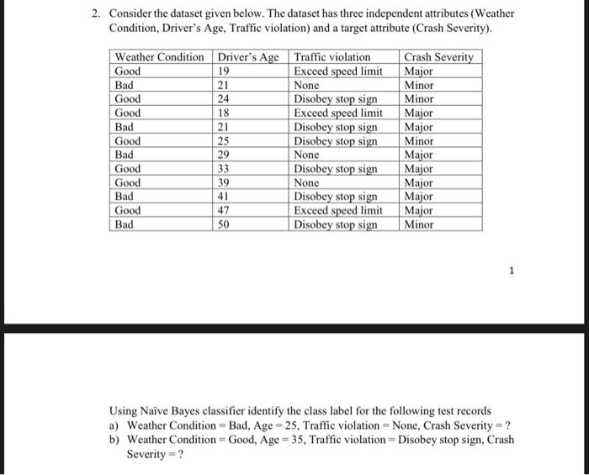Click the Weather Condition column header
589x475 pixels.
click(x=159, y=57)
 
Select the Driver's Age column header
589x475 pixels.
click(x=248, y=57)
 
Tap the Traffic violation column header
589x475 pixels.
click(x=332, y=57)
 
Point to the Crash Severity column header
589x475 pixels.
click(x=438, y=57)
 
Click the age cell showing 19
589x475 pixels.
click(x=224, y=71)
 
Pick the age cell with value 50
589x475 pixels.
click(x=224, y=224)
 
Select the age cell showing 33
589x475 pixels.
click(x=224, y=169)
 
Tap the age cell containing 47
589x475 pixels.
click(x=224, y=210)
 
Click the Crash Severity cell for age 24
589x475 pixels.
click(x=419, y=99)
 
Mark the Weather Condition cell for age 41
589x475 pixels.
click(x=124, y=197)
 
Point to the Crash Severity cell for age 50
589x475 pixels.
click(x=419, y=224)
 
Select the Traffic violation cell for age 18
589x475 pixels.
click(x=337, y=113)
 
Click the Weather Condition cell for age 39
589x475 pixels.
click(x=128, y=182)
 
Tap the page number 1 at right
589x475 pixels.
click(x=510, y=271)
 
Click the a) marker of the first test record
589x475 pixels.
click(x=115, y=425)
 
